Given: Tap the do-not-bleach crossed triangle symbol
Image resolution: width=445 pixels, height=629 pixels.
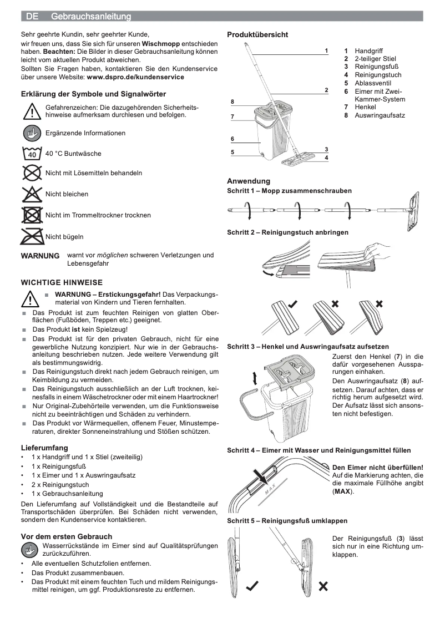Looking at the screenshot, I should tap(32, 194).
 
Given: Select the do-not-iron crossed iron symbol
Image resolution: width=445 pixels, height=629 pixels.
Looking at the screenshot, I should tap(32, 236).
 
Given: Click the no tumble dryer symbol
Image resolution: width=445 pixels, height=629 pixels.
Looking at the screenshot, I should tap(32, 215).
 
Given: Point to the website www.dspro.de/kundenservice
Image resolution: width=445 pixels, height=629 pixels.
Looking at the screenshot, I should tap(135, 77).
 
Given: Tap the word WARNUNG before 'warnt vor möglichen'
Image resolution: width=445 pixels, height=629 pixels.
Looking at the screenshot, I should tap(40, 256).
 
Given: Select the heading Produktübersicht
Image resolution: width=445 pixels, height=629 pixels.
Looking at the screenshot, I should tap(257, 35).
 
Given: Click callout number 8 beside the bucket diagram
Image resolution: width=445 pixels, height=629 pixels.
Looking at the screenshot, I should tap(232, 102).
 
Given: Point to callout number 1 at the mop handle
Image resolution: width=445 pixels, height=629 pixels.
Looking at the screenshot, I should tap(326, 50).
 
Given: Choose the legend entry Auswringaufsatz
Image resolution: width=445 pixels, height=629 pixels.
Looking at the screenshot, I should tap(380, 115).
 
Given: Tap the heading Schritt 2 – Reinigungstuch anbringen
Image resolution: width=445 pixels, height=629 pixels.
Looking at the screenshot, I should tap(287, 232).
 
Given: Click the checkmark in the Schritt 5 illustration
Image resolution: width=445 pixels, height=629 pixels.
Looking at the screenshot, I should tap(252, 586).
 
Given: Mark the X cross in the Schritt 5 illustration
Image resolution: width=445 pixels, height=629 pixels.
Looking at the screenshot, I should tap(323, 586).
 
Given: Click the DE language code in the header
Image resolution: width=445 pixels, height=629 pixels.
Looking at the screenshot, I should tap(32, 17).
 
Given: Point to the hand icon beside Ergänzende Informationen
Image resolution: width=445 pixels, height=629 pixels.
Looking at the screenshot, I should tap(32, 133).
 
